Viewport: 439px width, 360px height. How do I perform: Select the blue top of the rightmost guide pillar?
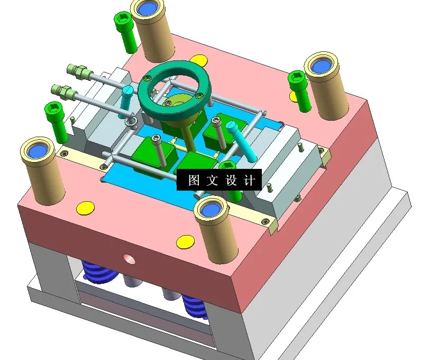[321, 66]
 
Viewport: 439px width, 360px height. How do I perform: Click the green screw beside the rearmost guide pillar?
[125, 32]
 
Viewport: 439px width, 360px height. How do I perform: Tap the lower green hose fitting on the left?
[64, 91]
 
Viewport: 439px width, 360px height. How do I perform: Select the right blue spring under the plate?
[195, 307]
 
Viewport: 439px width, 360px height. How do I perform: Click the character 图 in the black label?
[194, 181]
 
